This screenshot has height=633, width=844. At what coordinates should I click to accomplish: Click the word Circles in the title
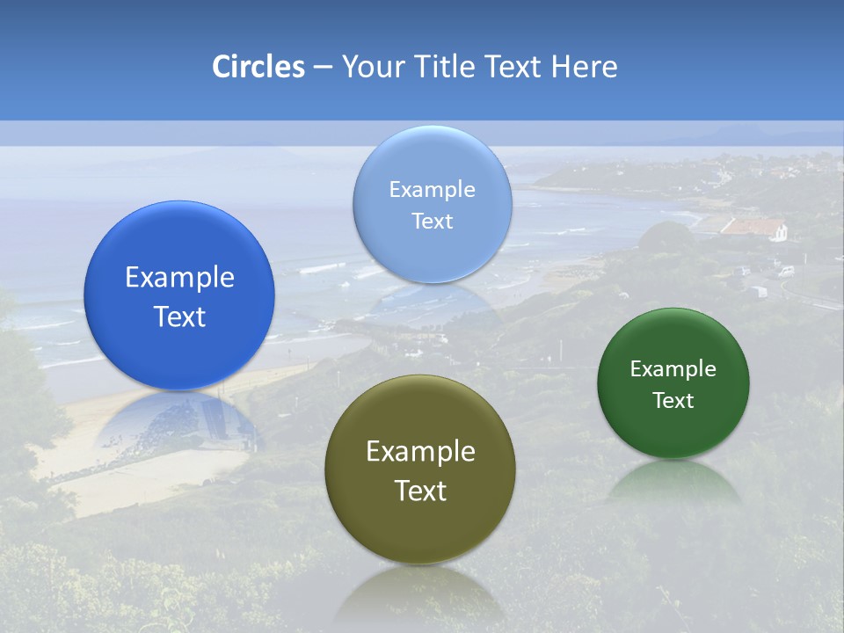click(x=258, y=67)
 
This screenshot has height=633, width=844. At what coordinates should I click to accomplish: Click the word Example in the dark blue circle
click(x=179, y=278)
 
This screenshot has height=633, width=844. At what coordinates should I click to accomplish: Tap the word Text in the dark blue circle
click(x=179, y=316)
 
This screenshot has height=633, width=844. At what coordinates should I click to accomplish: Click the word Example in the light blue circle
click(x=432, y=190)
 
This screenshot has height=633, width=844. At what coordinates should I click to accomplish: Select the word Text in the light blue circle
click(x=432, y=221)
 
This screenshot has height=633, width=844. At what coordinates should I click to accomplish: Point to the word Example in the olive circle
click(x=420, y=452)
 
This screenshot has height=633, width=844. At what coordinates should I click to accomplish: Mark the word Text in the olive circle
click(x=420, y=491)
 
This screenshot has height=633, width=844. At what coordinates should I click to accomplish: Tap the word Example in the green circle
click(x=673, y=369)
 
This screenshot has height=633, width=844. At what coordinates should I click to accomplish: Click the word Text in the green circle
click(x=673, y=401)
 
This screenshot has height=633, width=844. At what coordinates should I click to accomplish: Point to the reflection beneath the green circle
click(x=673, y=482)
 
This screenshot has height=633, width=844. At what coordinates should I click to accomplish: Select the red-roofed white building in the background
click(x=754, y=229)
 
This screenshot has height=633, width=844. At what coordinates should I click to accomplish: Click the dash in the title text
click(x=323, y=68)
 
